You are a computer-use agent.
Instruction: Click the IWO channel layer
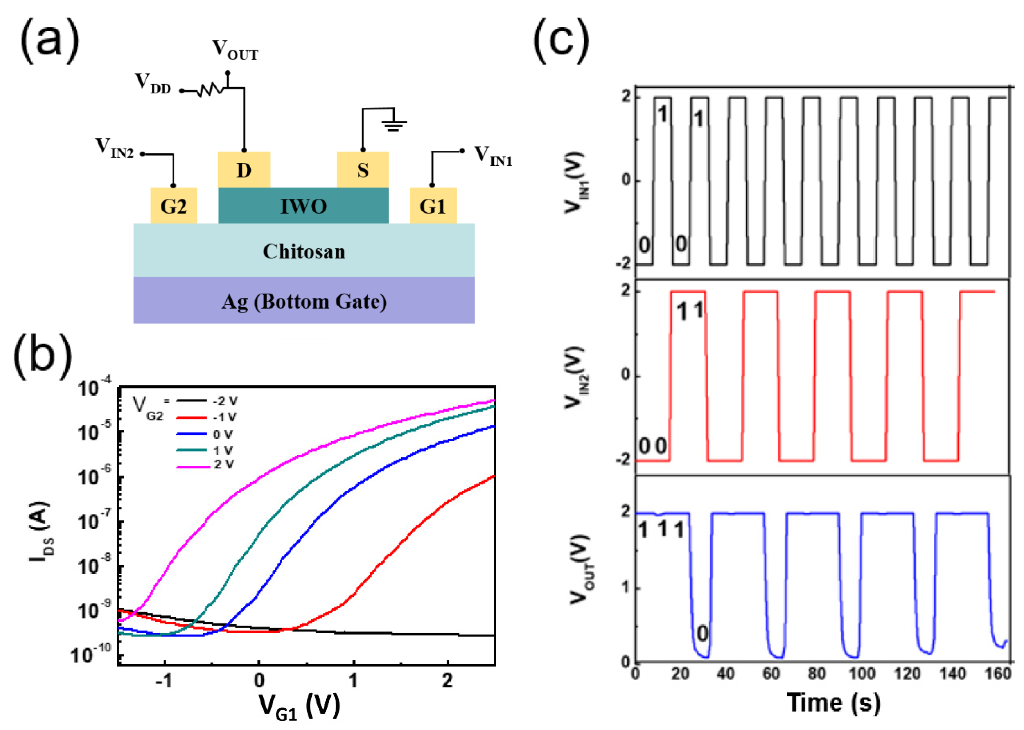click(303, 206)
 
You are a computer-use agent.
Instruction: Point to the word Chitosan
click(304, 251)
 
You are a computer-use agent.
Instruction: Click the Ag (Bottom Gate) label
click(304, 301)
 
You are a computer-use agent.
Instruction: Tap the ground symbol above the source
click(394, 123)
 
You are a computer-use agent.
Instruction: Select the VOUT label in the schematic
click(235, 49)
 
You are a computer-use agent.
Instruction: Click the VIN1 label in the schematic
click(493, 156)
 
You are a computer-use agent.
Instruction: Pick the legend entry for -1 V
click(224, 417)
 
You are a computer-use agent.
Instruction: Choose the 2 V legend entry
click(223, 464)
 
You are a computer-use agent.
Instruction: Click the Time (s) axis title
click(833, 702)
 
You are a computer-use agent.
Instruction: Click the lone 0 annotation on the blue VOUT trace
click(702, 633)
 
